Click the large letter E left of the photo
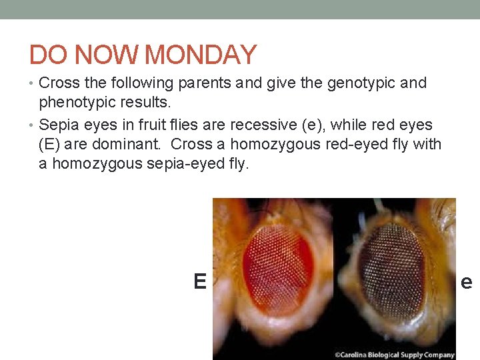click(x=199, y=282)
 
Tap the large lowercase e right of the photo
click(x=467, y=283)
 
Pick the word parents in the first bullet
click(x=197, y=83)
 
